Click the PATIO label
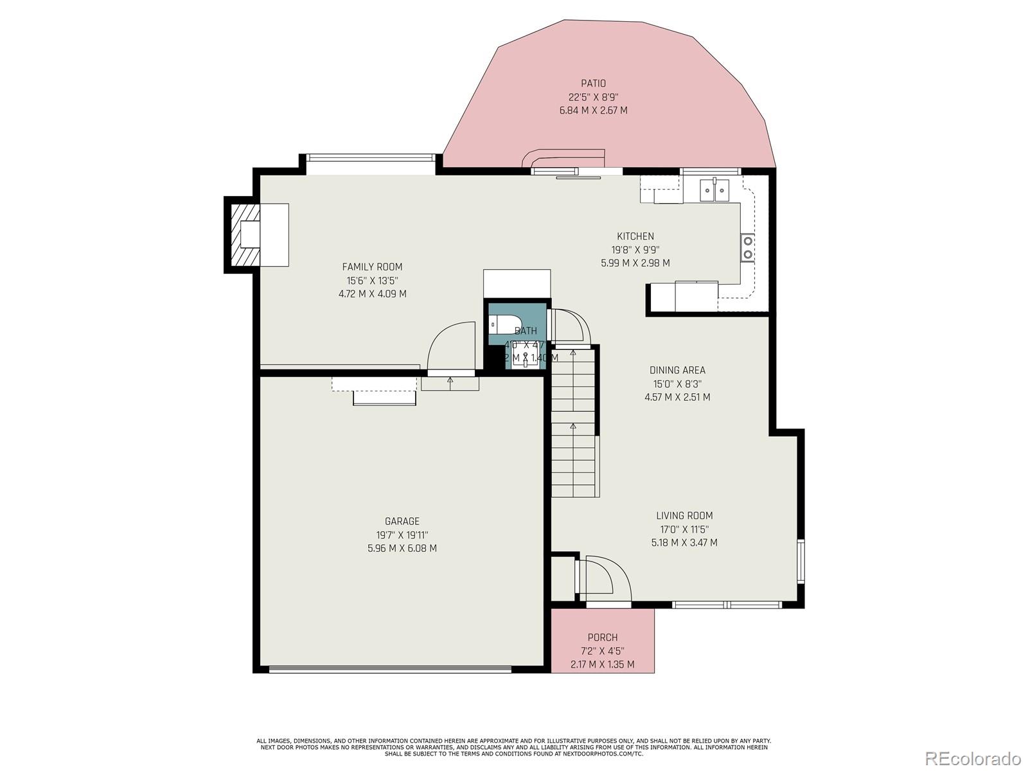tap(593, 84)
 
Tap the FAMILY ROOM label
tap(372, 267)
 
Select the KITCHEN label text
tap(635, 236)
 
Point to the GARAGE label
tap(402, 521)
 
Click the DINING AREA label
tap(677, 370)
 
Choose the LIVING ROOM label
tap(684, 515)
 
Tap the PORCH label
tap(603, 637)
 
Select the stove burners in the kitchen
tap(748, 248)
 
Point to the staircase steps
tap(574, 424)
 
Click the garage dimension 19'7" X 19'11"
tap(402, 535)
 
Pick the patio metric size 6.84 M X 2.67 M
tap(593, 111)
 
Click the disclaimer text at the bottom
tap(513, 747)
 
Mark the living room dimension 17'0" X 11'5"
tap(684, 529)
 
